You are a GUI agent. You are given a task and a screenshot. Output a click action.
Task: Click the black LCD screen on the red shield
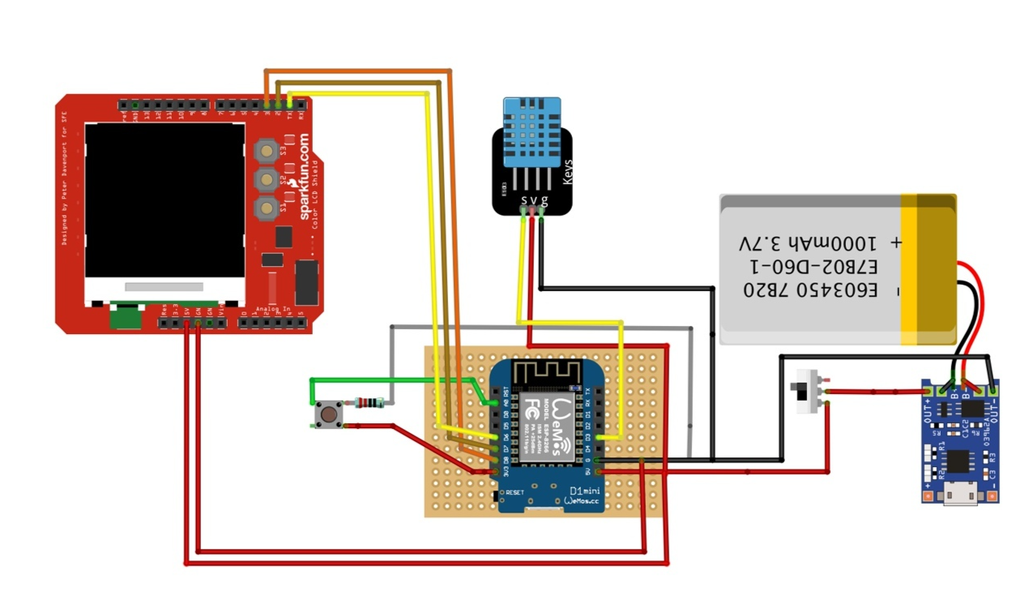click(x=164, y=199)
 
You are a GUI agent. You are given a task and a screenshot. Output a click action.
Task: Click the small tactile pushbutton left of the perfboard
click(x=327, y=414)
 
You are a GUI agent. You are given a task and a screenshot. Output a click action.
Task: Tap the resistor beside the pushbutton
click(x=369, y=402)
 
